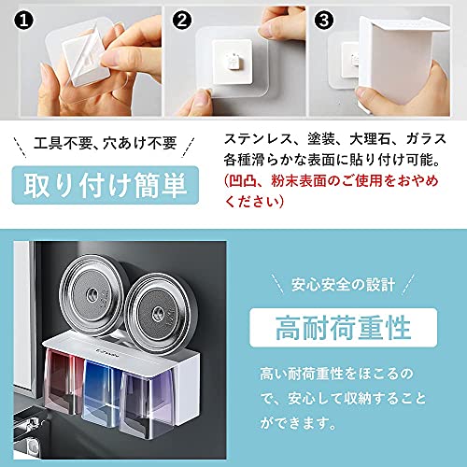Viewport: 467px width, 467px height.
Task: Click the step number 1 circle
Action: (x=23, y=21)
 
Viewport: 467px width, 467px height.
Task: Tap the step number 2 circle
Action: (x=182, y=21)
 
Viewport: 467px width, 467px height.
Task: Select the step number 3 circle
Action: (x=324, y=21)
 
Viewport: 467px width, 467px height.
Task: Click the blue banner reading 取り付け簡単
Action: (x=106, y=185)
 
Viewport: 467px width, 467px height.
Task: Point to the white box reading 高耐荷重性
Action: (x=343, y=328)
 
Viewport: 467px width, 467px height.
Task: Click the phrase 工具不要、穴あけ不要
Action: (x=106, y=144)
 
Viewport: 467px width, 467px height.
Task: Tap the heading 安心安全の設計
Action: (x=343, y=285)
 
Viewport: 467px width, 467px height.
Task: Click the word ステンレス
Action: (x=258, y=139)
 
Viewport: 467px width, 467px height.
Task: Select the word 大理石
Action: (x=370, y=139)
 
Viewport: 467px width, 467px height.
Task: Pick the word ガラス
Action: (x=427, y=139)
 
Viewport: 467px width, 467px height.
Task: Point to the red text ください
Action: (x=251, y=202)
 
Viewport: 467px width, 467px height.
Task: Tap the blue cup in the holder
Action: (x=101, y=394)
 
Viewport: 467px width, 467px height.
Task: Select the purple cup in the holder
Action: (x=146, y=404)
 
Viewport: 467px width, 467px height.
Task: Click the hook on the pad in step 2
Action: (x=232, y=61)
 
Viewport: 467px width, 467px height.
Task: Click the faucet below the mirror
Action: (x=30, y=428)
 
